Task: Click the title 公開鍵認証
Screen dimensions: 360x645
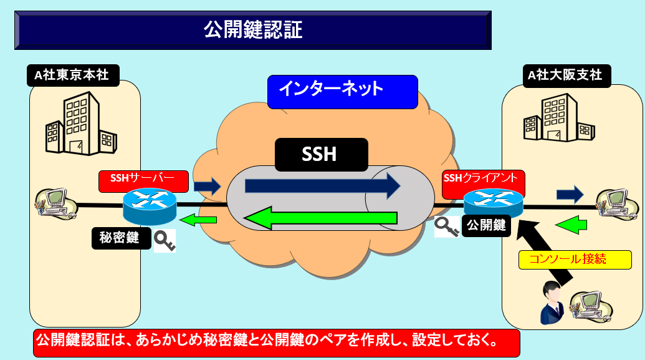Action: pos(252,29)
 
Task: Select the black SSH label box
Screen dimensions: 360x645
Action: pos(320,153)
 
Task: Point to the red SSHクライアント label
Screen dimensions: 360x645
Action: pos(482,180)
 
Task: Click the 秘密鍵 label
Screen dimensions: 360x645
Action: pos(120,238)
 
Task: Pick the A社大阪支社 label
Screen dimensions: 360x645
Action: pos(565,75)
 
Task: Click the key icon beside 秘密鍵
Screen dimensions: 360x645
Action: pos(164,241)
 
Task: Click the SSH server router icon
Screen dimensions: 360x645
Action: pos(150,206)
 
